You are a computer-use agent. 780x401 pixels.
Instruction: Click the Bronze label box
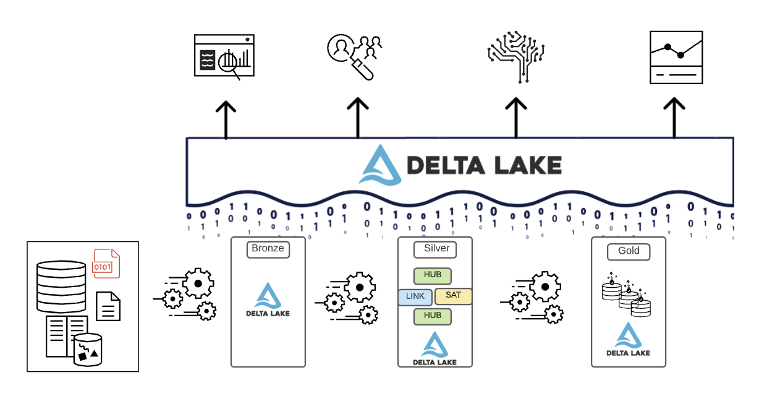(268, 249)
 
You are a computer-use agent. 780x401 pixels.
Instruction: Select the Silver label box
(435, 249)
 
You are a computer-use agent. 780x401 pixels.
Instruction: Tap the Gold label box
(629, 252)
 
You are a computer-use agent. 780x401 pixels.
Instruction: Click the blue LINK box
(415, 296)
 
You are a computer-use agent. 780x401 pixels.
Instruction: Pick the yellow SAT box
(453, 295)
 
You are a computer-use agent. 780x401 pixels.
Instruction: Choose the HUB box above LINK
(432, 275)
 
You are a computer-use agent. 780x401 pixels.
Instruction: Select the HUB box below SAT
(432, 316)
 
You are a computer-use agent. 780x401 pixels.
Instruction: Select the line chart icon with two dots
(676, 57)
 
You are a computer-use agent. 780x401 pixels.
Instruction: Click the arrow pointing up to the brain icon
(515, 118)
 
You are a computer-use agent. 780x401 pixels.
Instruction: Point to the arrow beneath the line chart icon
(674, 118)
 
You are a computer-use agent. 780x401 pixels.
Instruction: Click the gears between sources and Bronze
(190, 294)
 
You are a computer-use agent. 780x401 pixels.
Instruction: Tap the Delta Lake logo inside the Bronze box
(268, 300)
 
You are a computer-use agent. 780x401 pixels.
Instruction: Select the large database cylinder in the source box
(61, 287)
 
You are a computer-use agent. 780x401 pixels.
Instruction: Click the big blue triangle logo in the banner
(380, 165)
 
